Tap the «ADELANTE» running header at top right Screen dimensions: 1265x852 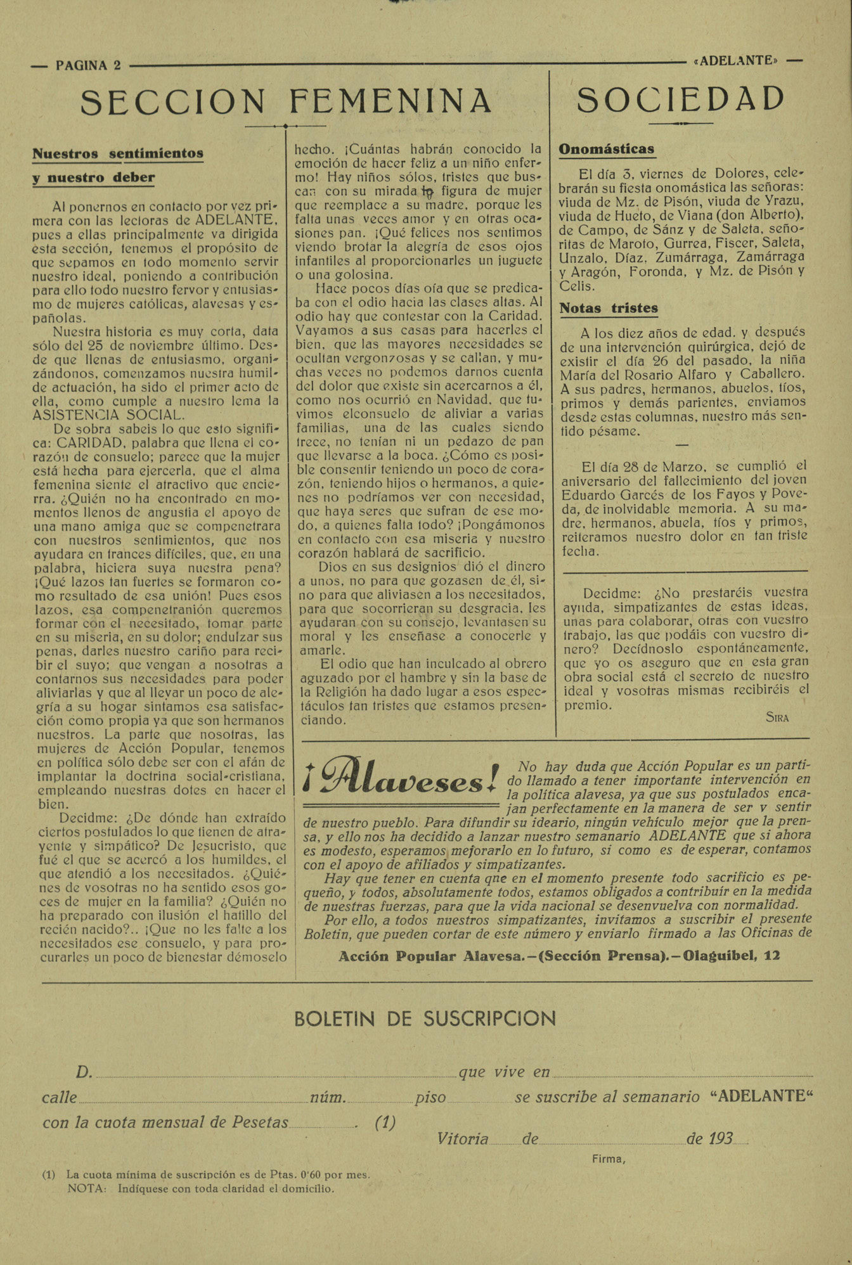[736, 61]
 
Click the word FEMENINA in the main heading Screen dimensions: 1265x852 [390, 101]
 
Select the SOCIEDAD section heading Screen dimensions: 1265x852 [681, 100]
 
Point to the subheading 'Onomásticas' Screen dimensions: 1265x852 [606, 150]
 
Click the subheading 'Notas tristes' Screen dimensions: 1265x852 [609, 309]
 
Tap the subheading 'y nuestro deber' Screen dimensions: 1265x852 [94, 177]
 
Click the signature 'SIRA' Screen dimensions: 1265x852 [777, 717]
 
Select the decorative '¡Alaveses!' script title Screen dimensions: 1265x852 [401, 776]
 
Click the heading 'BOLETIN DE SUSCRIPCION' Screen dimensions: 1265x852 [425, 1018]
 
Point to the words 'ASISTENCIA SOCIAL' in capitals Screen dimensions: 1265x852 [108, 415]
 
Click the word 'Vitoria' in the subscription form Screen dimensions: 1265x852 [462, 1139]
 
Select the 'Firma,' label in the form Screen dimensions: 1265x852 [609, 1159]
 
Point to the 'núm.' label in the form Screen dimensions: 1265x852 [328, 1098]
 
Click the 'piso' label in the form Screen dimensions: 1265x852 [430, 1098]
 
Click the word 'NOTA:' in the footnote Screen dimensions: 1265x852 [87, 1188]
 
